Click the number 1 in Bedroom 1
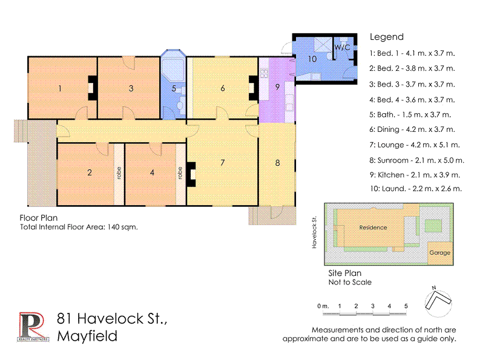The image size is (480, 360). pos(60,88)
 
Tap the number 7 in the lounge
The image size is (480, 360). pos(223,162)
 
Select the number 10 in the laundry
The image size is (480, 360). pos(312,59)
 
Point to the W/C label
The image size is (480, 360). pos(342,47)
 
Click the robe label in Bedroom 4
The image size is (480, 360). pos(180,173)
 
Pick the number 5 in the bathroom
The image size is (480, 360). pos(174,88)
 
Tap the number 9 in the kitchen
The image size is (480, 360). pos(278,87)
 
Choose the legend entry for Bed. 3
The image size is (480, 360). pos(412,84)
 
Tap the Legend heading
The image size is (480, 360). pos(386,37)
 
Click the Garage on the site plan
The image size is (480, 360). pos(439,252)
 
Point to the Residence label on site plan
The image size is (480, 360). pos(373,227)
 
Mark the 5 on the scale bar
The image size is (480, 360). pos(406,306)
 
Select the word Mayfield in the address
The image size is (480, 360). pos(87,336)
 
